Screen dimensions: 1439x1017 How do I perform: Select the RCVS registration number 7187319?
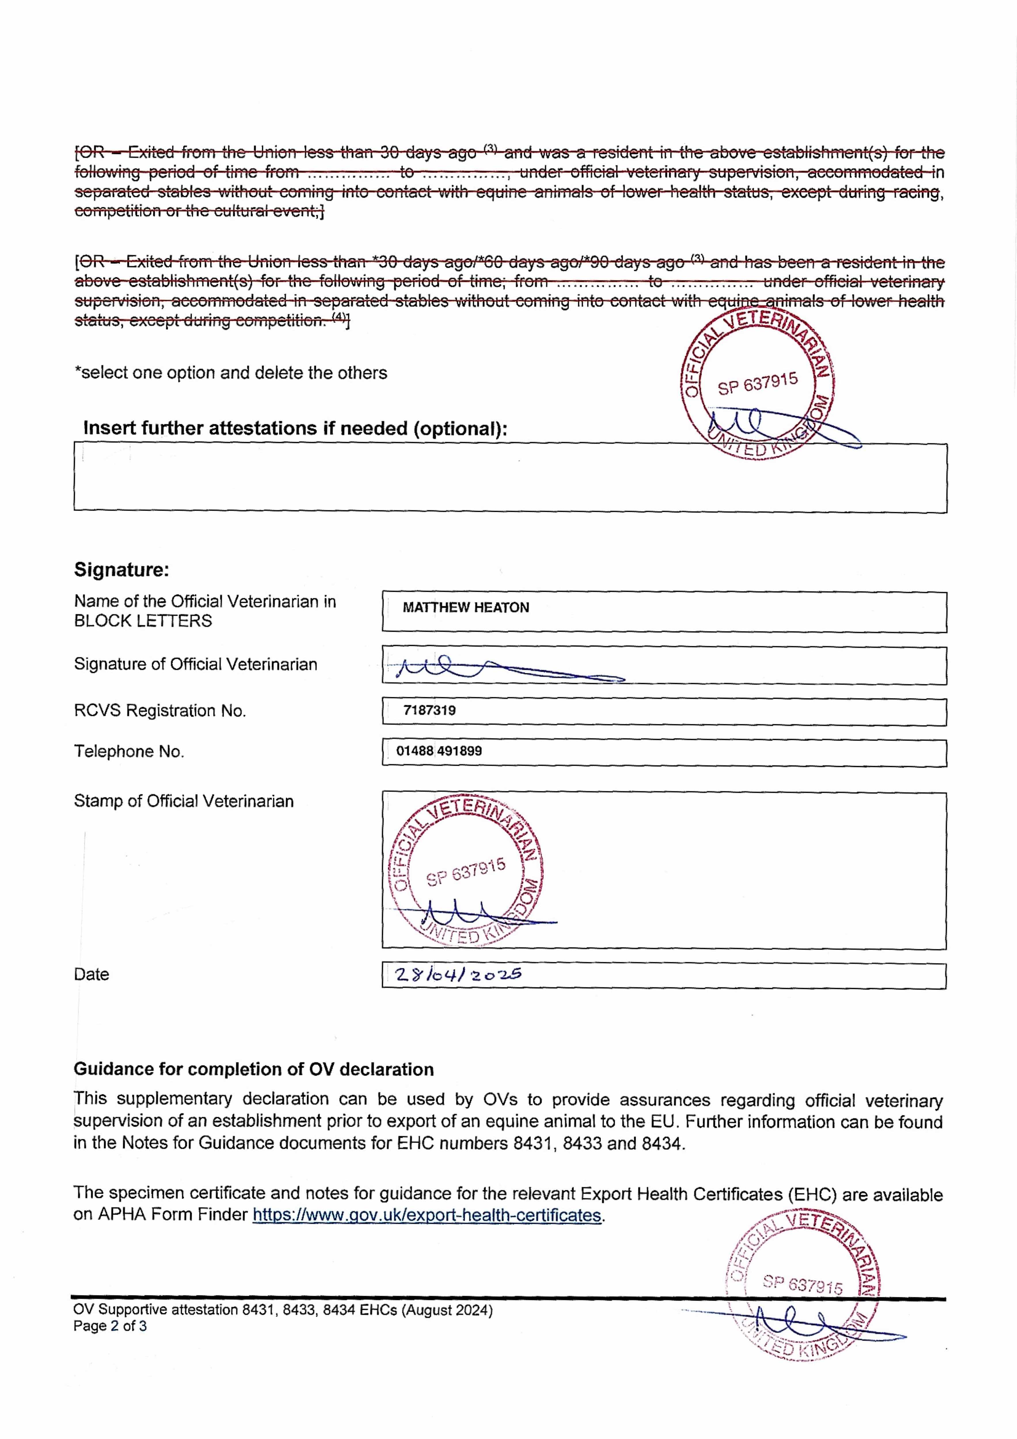click(429, 710)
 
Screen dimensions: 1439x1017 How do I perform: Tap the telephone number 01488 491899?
click(439, 751)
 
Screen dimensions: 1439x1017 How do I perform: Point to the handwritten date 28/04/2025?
click(458, 974)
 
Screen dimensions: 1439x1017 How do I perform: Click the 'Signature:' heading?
click(122, 570)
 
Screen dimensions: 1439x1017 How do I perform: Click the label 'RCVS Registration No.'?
click(160, 711)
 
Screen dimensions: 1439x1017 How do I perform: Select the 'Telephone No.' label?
click(129, 751)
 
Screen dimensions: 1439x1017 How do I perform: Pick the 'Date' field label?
click(92, 974)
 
